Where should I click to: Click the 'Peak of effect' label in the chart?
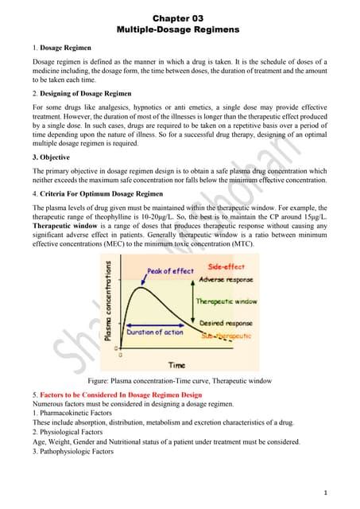[170, 271]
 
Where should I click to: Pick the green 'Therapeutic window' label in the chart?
[227, 302]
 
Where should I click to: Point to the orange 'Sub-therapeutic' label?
[226, 336]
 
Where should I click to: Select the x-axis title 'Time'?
[176, 365]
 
